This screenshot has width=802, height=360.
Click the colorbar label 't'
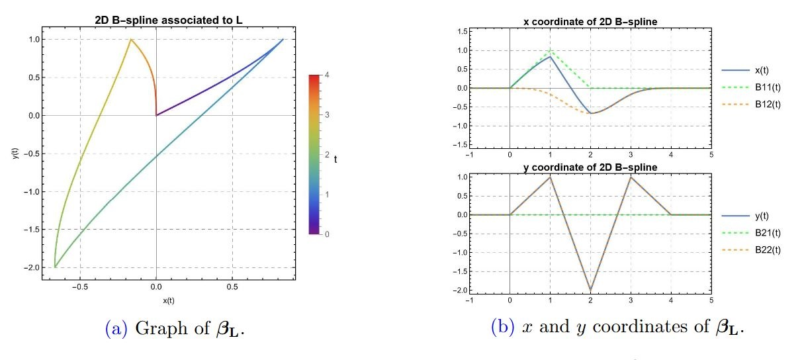pos(336,158)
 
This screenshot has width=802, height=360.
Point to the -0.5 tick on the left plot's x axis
pos(79,288)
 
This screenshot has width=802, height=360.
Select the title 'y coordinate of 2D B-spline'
pos(590,167)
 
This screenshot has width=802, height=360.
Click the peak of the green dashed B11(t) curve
pos(550,50)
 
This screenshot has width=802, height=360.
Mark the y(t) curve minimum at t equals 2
pos(590,290)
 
